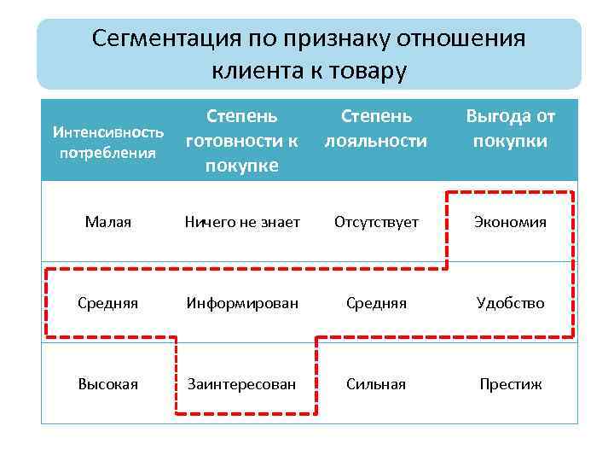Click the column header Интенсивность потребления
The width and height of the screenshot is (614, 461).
pyautogui.click(x=108, y=143)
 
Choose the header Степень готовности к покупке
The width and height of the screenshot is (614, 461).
pyautogui.click(x=242, y=140)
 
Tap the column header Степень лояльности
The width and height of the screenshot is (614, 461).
pyautogui.click(x=375, y=128)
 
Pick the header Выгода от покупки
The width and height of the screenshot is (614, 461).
pyautogui.click(x=510, y=128)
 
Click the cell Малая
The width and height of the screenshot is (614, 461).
pyautogui.click(x=108, y=222)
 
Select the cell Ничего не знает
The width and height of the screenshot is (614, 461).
pyautogui.click(x=242, y=222)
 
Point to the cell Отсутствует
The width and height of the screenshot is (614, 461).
pyautogui.click(x=376, y=222)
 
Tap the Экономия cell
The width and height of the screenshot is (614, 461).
pyautogui.click(x=511, y=222)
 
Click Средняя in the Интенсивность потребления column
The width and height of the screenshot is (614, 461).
pyautogui.click(x=108, y=303)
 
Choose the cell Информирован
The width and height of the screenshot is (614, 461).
pyautogui.click(x=242, y=303)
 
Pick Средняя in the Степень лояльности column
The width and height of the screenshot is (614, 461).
pyautogui.click(x=376, y=303)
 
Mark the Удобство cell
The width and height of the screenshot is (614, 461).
pyautogui.click(x=511, y=303)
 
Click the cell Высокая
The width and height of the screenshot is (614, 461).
pyautogui.click(x=108, y=384)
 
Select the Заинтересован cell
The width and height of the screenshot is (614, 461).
pyautogui.click(x=242, y=384)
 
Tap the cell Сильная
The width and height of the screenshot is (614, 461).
pyautogui.click(x=376, y=384)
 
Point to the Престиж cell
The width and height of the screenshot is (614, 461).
pyautogui.click(x=511, y=384)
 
